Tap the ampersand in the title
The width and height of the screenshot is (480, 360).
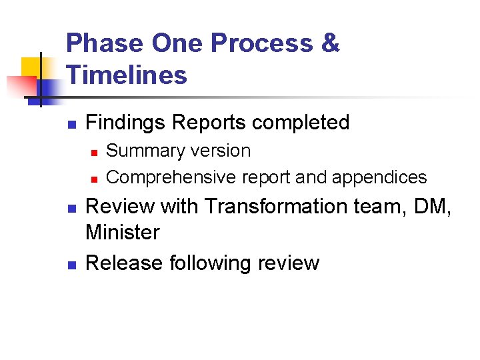point(329,43)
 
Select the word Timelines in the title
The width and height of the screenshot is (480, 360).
point(127,75)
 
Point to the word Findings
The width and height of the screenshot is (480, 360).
point(126,123)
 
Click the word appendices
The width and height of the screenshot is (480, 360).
point(379,177)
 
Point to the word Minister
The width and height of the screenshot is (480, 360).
point(123,233)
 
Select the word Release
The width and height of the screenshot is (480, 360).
point(125,263)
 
